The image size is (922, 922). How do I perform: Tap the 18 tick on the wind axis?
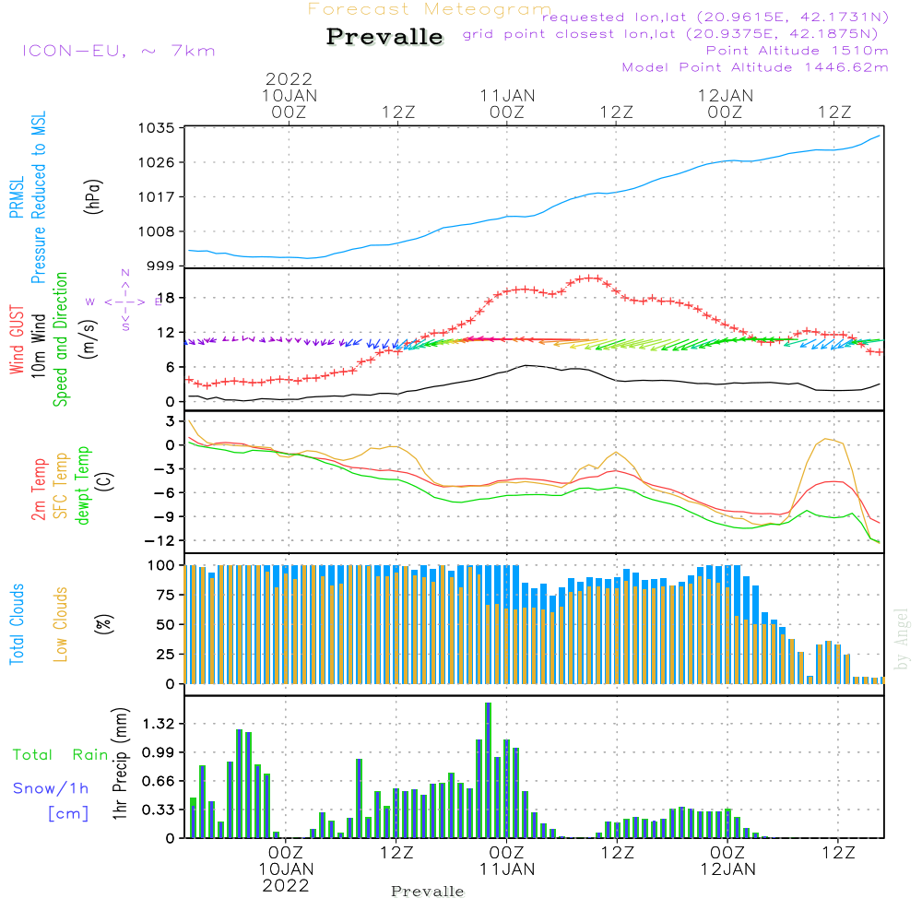pyautogui.click(x=166, y=297)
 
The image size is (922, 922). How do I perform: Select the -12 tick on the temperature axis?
pyautogui.click(x=159, y=540)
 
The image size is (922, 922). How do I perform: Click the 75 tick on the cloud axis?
pyautogui.click(x=162, y=595)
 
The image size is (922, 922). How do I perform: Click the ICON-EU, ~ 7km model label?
pyautogui.click(x=118, y=50)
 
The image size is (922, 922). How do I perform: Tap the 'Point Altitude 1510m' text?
pyautogui.click(x=797, y=50)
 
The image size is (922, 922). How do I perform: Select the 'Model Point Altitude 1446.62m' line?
pyautogui.click(x=754, y=67)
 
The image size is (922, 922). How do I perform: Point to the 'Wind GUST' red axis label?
pyautogui.click(x=17, y=341)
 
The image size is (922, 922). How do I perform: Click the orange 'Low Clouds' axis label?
pyautogui.click(x=61, y=623)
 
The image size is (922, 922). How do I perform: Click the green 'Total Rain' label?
pyautogui.click(x=61, y=754)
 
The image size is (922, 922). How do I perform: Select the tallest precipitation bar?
pyautogui.click(x=488, y=770)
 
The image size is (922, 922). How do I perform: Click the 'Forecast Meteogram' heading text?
pyautogui.click(x=430, y=10)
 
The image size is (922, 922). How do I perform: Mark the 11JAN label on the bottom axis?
pyautogui.click(x=506, y=869)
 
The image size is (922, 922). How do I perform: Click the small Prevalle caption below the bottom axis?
pyautogui.click(x=428, y=892)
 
